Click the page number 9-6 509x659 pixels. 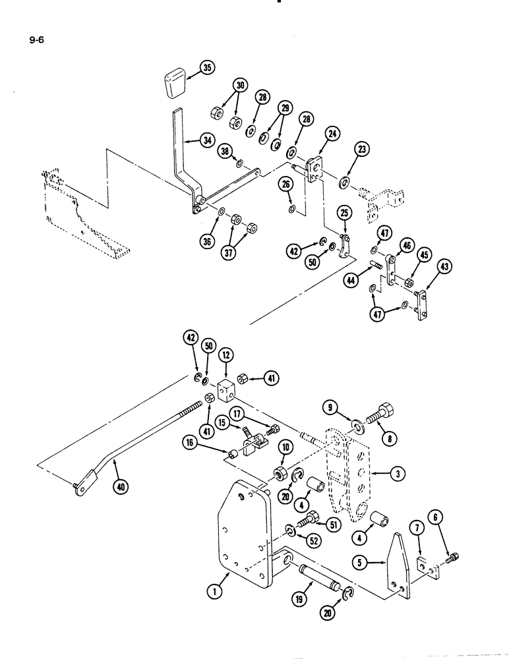coord(39,39)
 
